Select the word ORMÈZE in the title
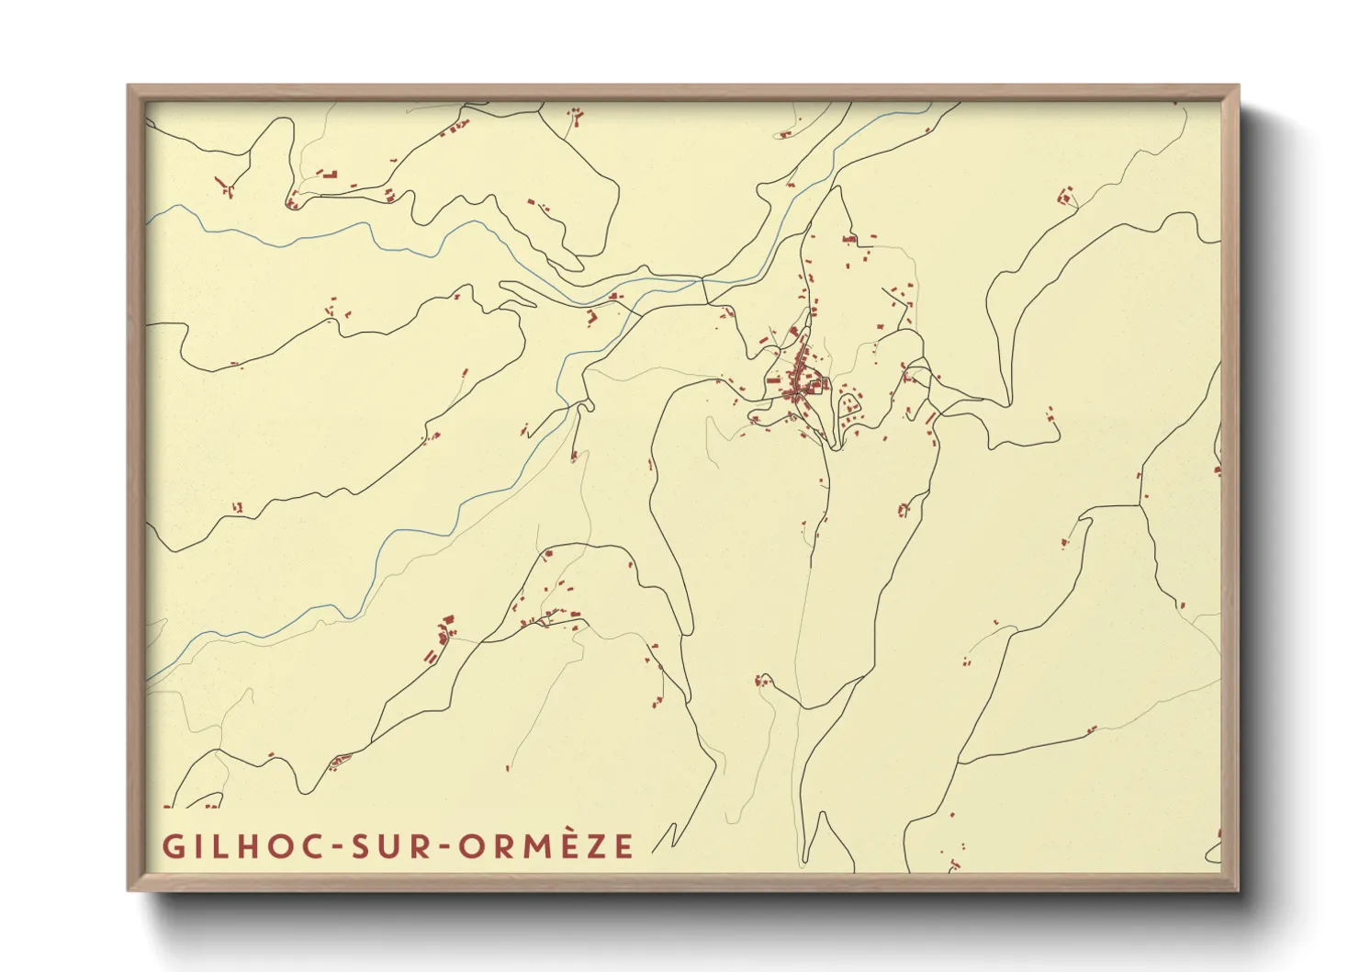click(x=546, y=846)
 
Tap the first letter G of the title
click(x=173, y=846)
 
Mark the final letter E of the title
click(x=624, y=846)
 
